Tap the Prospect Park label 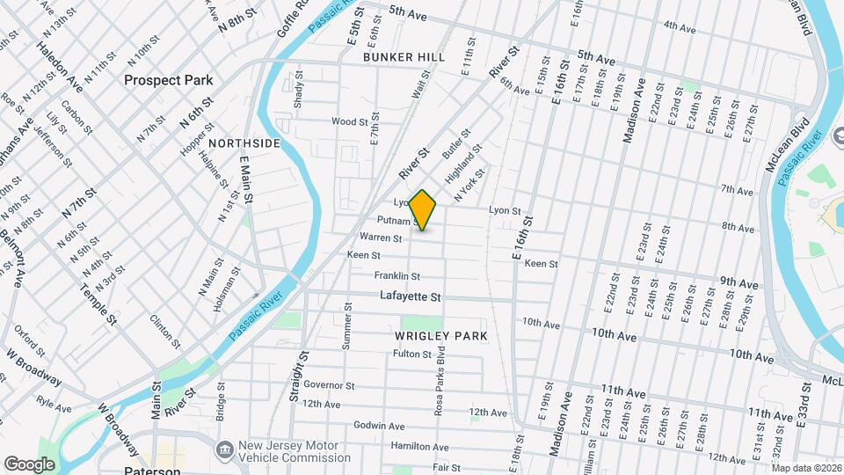pos(168,80)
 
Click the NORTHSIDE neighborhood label pos(245,142)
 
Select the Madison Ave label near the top pos(633,111)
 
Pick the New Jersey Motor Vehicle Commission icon pos(224,449)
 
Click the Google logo pos(29,464)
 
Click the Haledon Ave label pos(59,67)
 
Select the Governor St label pos(329,385)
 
